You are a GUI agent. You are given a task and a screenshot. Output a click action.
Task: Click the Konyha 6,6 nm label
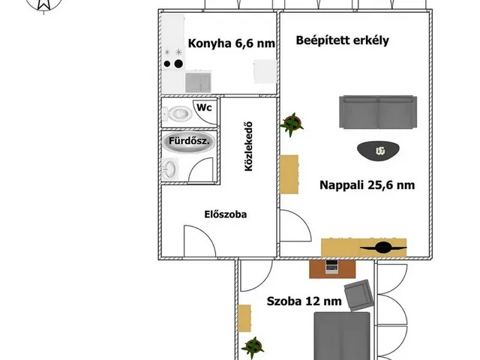231,43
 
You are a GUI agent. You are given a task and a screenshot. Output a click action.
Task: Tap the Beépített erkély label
342,41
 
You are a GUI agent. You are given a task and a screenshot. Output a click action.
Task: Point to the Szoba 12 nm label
304,301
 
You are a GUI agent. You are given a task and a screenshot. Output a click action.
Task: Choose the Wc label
203,107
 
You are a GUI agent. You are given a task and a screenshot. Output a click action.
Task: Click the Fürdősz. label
187,141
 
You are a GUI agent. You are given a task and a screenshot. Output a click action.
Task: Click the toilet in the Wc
178,114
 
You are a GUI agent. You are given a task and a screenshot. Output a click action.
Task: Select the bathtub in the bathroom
187,142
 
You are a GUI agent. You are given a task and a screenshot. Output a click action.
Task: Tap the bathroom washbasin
171,168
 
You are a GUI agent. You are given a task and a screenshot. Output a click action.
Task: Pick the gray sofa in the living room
377,112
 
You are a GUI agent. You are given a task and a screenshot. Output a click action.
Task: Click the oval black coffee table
379,151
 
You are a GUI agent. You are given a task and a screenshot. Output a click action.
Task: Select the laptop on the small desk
329,266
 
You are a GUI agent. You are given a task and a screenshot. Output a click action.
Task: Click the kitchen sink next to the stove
199,78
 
